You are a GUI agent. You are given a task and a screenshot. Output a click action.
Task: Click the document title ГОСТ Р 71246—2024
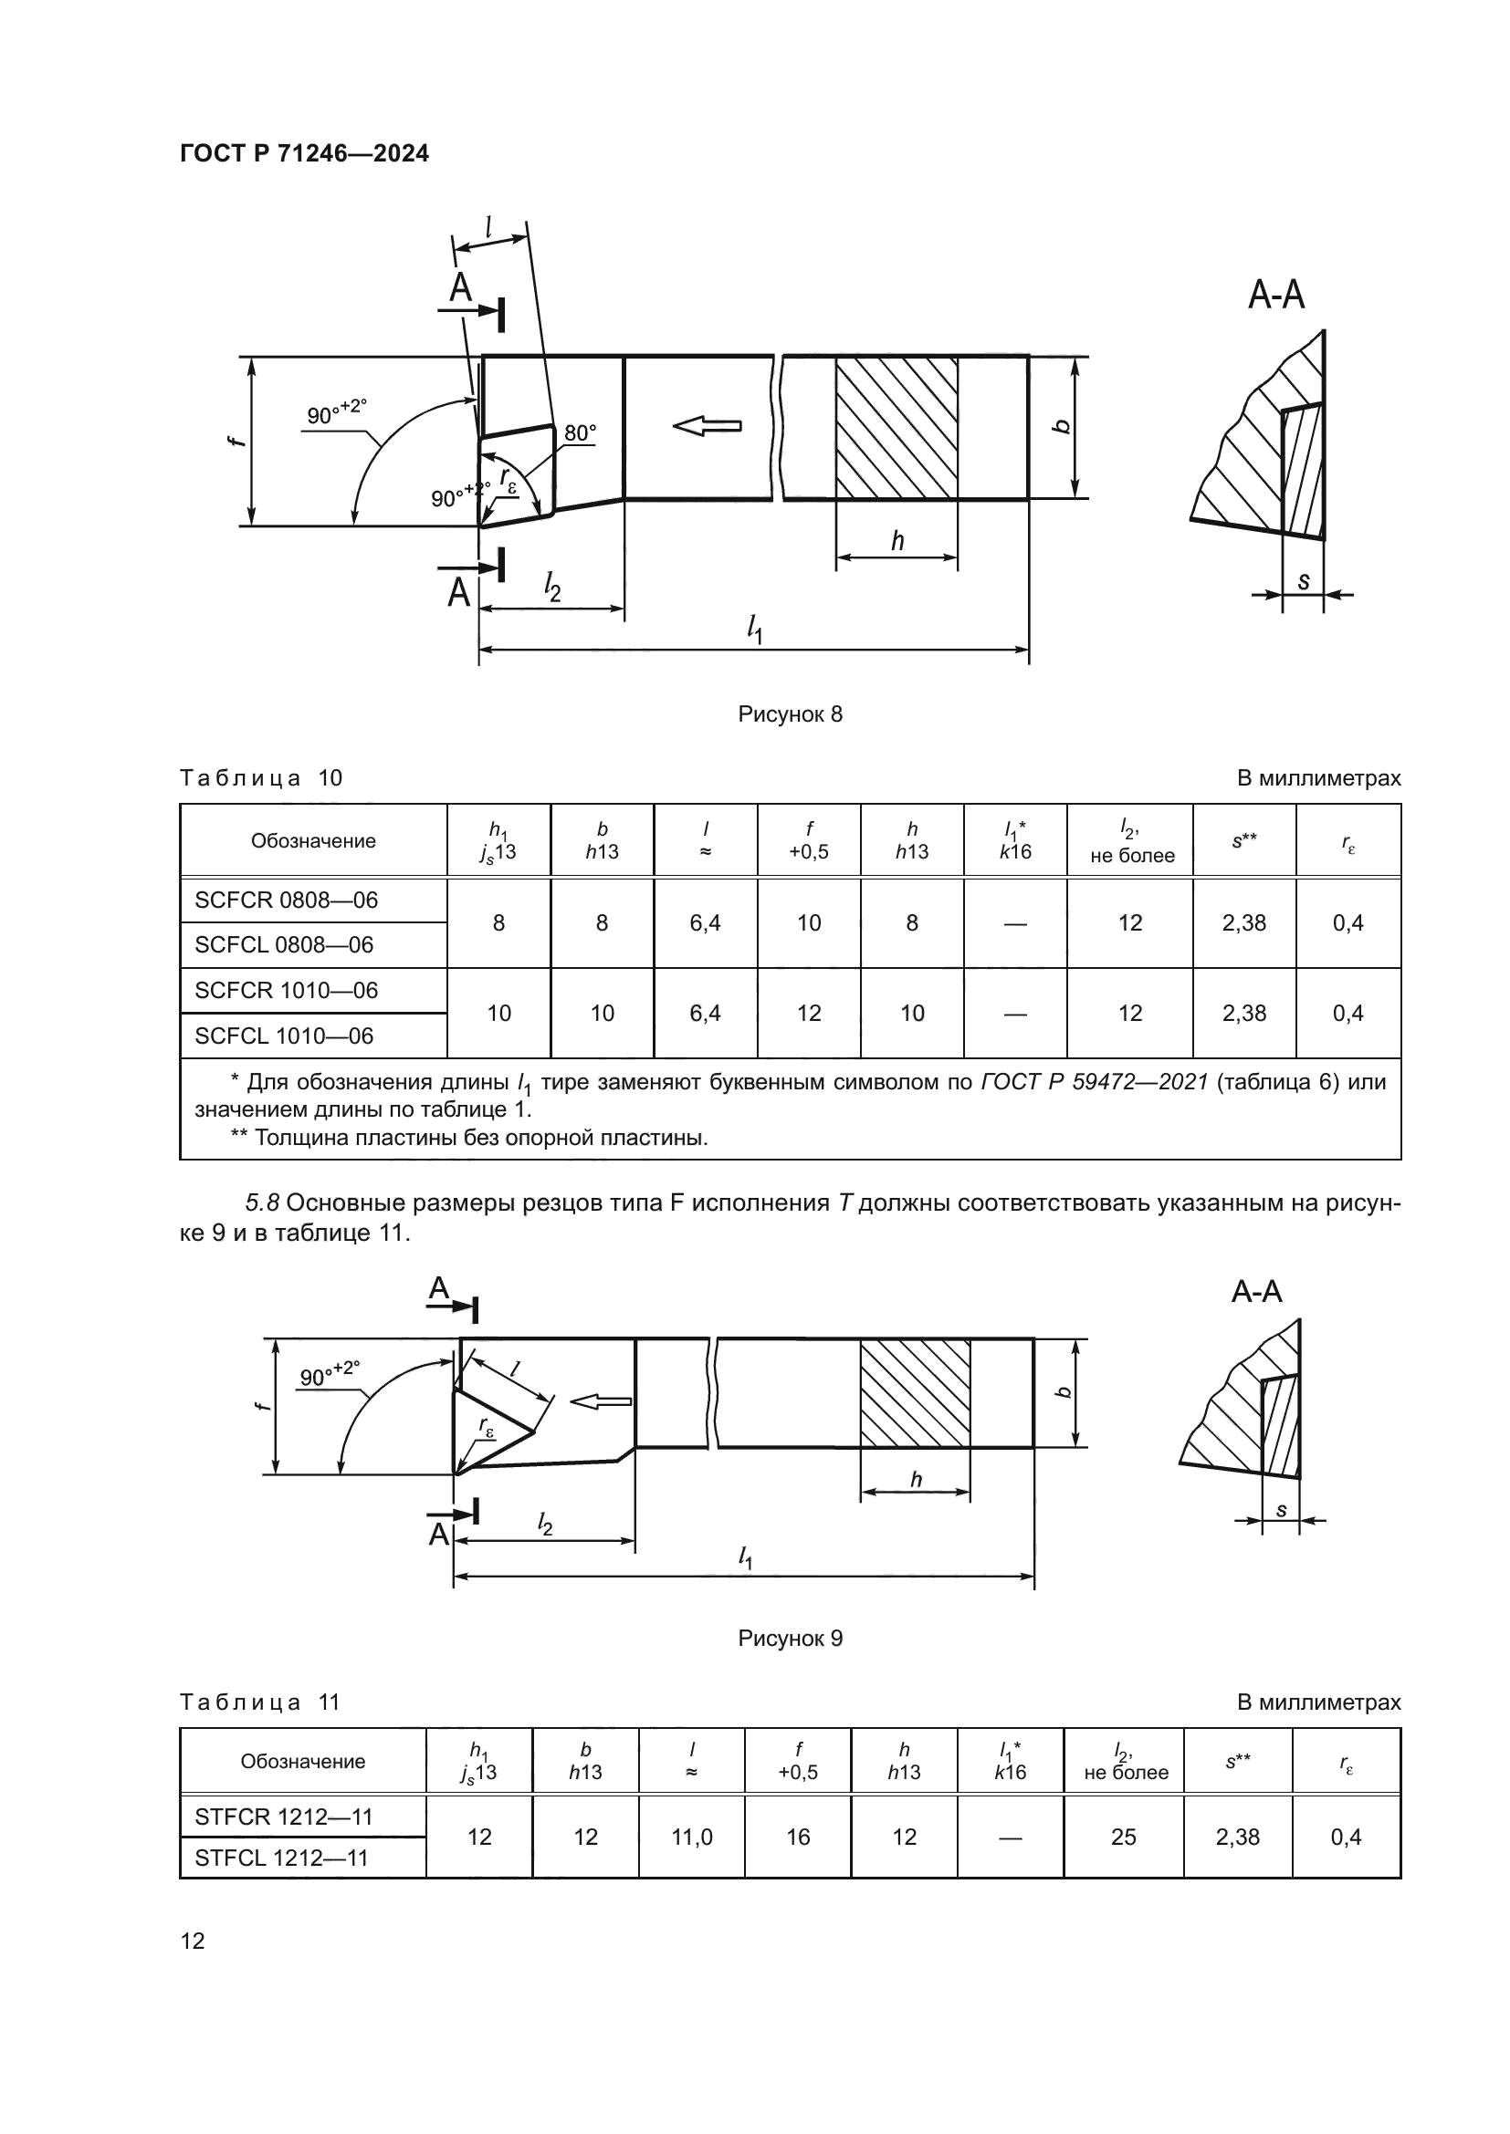pos(304,153)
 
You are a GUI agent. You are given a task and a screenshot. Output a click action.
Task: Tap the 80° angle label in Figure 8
pos(580,433)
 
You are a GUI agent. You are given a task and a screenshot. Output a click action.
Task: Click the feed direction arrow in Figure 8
pos(707,427)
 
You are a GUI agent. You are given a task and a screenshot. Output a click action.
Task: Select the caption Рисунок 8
pos(790,713)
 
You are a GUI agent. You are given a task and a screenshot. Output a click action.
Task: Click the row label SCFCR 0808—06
pos(287,900)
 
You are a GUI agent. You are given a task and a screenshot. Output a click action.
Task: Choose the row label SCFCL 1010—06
pos(284,1036)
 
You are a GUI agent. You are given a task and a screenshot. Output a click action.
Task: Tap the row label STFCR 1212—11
pos(284,1817)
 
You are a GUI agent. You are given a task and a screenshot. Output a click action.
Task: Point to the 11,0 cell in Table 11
pos(692,1837)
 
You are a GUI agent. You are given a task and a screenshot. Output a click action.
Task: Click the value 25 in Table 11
pos(1123,1837)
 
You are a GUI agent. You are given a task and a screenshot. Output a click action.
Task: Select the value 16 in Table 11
pos(798,1837)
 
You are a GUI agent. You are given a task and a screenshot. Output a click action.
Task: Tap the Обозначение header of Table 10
pos(313,841)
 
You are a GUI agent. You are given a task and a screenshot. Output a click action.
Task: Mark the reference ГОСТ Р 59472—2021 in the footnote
pos(1095,1082)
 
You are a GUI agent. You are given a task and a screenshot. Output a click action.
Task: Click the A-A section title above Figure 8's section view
pos(1275,296)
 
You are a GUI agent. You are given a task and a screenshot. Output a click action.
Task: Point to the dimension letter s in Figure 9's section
pos(1281,1510)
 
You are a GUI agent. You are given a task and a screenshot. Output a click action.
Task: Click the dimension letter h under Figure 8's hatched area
pos(897,541)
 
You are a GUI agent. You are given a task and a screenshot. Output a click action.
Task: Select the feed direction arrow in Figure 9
pos(601,1401)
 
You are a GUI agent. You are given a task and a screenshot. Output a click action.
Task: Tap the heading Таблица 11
pos(260,1702)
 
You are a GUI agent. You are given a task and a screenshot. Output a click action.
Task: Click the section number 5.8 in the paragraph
pos(262,1203)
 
